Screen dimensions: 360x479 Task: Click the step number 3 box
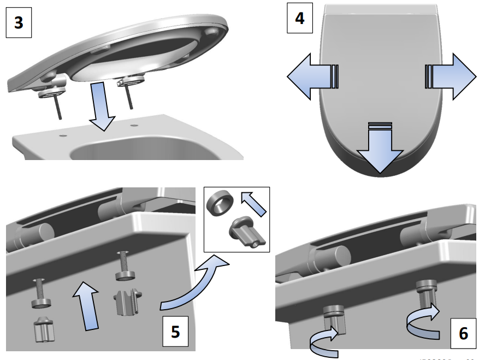(19, 25)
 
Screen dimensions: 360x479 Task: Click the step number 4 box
(300, 18)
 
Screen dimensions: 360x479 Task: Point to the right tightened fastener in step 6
(425, 295)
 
